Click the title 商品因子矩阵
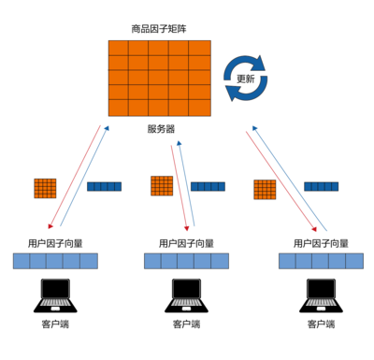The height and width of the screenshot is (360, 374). click(158, 29)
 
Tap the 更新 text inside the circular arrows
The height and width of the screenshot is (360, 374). click(245, 79)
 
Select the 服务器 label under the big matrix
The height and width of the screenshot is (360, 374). click(161, 129)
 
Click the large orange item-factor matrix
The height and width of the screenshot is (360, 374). click(159, 79)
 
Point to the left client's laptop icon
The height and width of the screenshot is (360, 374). click(55, 295)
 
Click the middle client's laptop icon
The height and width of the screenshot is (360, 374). click(186, 295)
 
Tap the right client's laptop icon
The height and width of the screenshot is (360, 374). click(321, 295)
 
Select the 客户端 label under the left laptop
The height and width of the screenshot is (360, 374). click(55, 324)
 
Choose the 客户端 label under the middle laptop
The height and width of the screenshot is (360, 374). click(186, 324)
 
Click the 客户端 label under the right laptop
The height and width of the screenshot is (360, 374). click(321, 324)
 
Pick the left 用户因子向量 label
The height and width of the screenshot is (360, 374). click(55, 243)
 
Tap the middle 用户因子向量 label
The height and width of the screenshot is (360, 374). click(186, 243)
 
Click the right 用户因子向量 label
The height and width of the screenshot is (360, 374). click(321, 243)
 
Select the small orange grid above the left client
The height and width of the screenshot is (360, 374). click(45, 188)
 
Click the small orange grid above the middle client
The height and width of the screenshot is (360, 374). click(162, 186)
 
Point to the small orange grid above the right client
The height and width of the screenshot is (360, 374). click(265, 190)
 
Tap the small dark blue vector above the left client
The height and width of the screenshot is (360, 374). click(104, 187)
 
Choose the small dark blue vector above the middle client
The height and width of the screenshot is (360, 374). click(208, 186)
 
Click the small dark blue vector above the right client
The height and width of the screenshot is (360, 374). click(321, 187)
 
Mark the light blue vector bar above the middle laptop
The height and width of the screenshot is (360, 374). click(186, 261)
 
